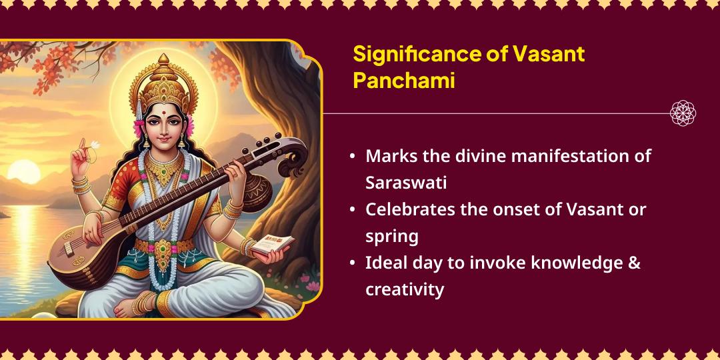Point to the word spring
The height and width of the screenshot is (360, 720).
coord(391,236)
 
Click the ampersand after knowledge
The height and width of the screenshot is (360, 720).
coord(635,263)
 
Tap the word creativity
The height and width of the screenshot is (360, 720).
coord(404,289)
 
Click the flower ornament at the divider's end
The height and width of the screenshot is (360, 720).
coord(683,113)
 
